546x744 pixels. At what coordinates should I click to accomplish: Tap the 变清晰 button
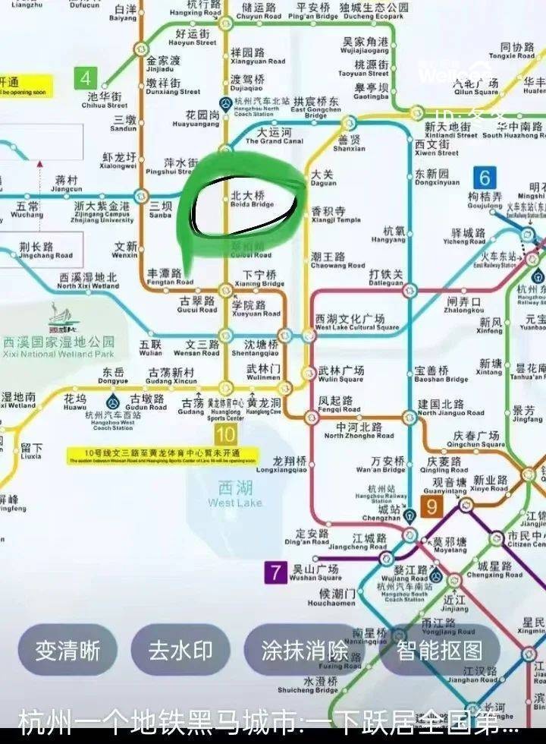(67, 651)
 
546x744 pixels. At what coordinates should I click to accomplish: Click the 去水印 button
(180, 651)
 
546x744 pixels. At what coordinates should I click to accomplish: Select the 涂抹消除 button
(305, 651)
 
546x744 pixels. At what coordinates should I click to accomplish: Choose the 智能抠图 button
(439, 651)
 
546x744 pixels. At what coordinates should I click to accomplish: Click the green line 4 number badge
(85, 77)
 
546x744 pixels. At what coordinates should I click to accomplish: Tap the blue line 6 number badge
(485, 178)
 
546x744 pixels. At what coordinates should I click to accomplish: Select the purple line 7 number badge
(275, 572)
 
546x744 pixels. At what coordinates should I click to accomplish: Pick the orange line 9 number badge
(431, 506)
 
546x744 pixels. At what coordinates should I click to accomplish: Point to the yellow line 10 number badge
(225, 435)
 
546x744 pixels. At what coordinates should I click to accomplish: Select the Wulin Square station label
(341, 374)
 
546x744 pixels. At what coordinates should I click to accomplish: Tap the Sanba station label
(161, 210)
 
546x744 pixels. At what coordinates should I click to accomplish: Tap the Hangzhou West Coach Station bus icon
(113, 400)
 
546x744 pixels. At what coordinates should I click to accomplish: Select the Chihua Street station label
(105, 101)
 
